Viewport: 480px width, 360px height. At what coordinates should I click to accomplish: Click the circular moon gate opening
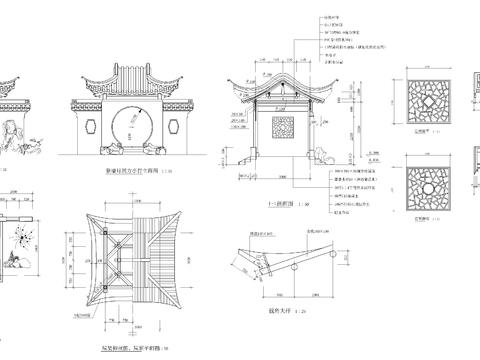129,126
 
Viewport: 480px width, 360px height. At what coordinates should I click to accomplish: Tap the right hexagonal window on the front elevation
171,128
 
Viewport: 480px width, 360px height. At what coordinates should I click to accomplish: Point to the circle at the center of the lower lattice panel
424,188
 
